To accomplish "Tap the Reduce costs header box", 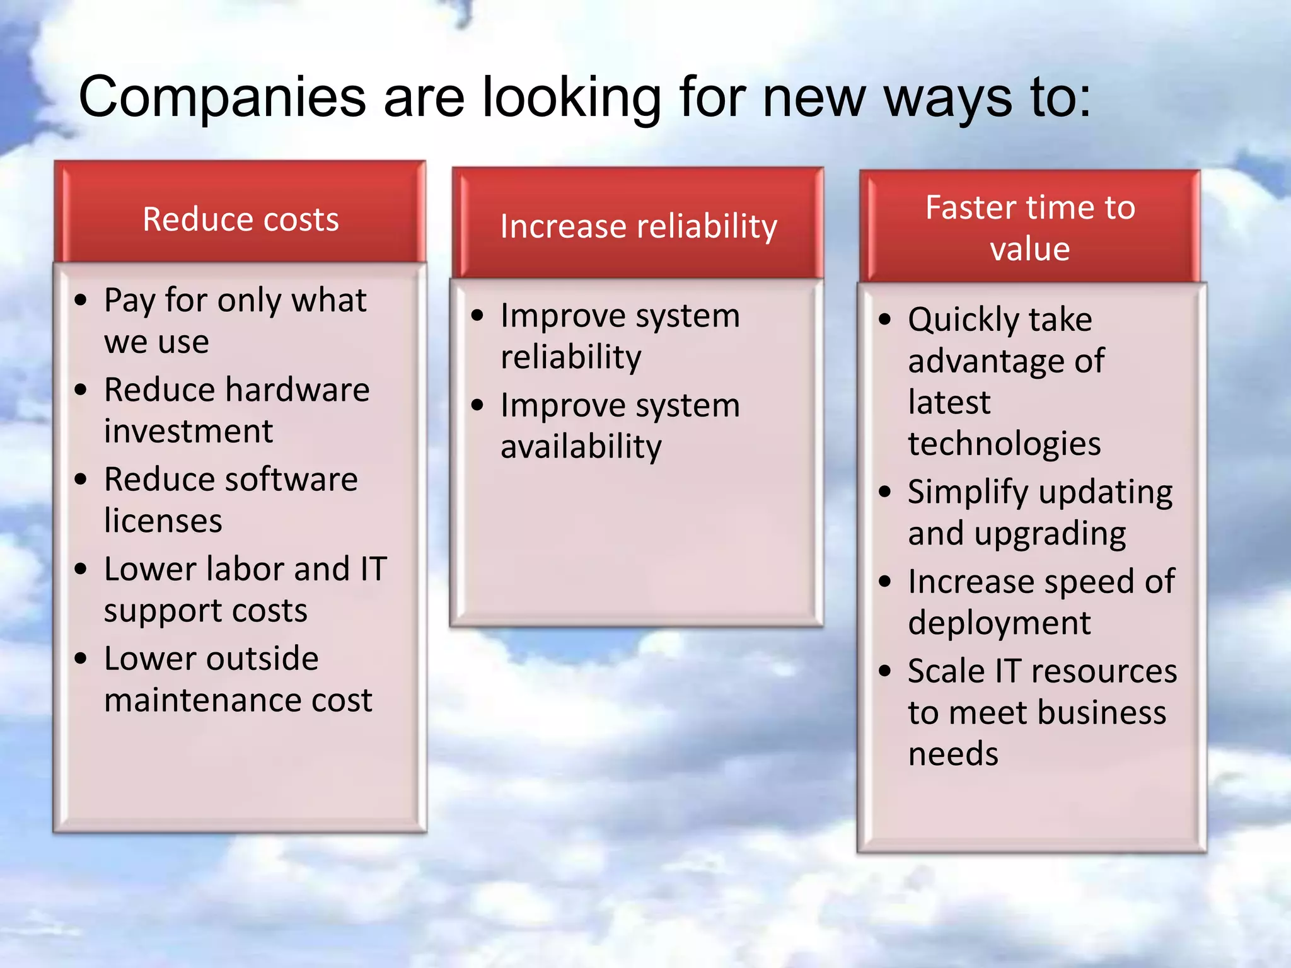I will pyautogui.click(x=240, y=212).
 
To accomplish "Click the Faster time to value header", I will pyautogui.click(x=1030, y=227).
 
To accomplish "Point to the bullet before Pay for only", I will pyautogui.click(x=81, y=301).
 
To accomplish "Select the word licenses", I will pyautogui.click(x=163, y=521).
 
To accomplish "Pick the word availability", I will pyautogui.click(x=581, y=447).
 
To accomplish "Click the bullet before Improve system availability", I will pyautogui.click(x=477, y=405).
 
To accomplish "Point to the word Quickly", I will pyautogui.click(x=963, y=320).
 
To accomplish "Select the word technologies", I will pyautogui.click(x=1004, y=444).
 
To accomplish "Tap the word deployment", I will pyautogui.click(x=999, y=623).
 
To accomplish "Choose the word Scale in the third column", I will pyautogui.click(x=946, y=671).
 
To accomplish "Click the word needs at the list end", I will pyautogui.click(x=953, y=754).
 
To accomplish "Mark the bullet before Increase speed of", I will pyautogui.click(x=885, y=582).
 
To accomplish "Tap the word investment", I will pyautogui.click(x=188, y=432).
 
